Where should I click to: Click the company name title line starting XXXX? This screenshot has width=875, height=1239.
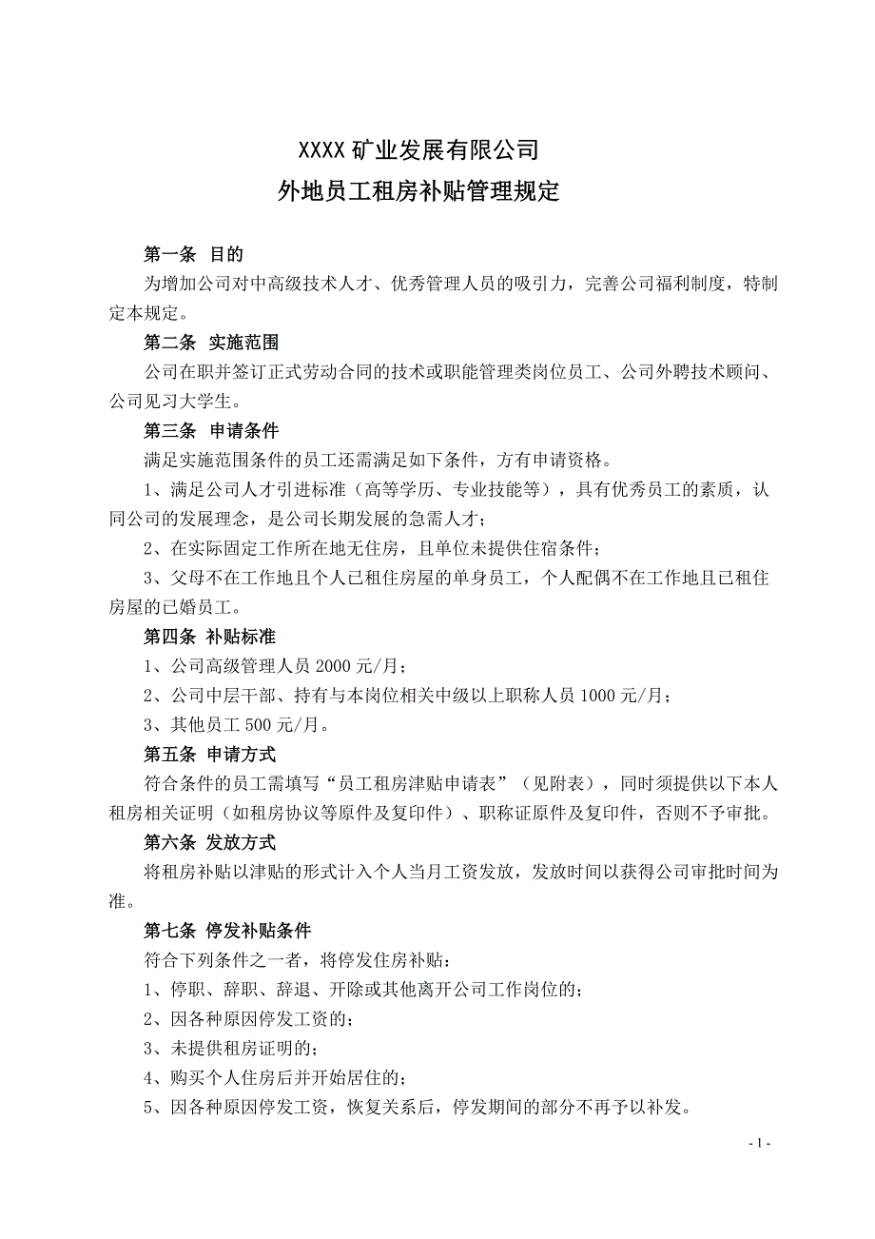click(x=419, y=150)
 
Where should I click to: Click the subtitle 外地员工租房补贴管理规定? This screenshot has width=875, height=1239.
click(x=419, y=193)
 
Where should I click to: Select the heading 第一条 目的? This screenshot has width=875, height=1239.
click(x=194, y=254)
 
